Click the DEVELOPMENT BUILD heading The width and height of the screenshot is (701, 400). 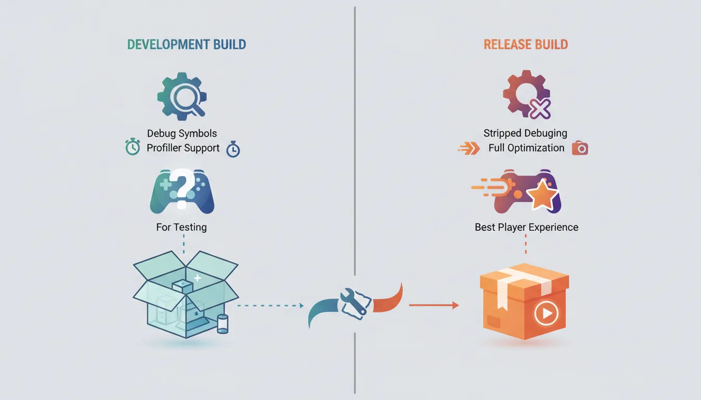point(186,44)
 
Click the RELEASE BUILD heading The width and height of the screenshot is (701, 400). point(525,44)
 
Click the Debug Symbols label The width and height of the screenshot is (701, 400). point(182,134)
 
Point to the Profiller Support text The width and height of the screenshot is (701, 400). point(183,148)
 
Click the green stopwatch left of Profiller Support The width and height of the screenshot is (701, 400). point(132,147)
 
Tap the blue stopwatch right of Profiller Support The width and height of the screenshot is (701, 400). point(233,149)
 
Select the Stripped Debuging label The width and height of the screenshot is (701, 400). point(525,133)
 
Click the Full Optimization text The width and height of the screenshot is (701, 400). point(526,148)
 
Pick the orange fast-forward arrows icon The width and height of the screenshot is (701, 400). point(468,149)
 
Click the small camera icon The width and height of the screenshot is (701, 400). point(579,148)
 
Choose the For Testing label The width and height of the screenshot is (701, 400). point(182,227)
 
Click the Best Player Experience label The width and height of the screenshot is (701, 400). point(526,227)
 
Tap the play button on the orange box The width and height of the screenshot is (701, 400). point(546,314)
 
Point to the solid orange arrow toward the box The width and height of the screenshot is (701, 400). point(433,305)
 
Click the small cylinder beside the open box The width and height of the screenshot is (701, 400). point(222,323)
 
